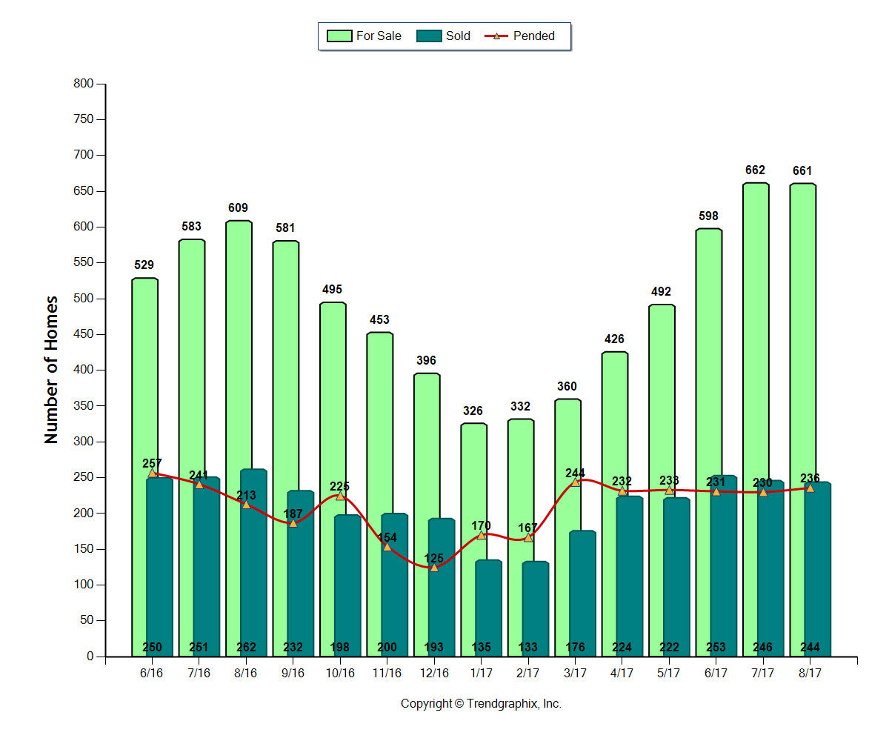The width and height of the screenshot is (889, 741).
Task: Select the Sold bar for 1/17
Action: [488, 600]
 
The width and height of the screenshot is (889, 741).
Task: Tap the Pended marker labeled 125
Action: [434, 567]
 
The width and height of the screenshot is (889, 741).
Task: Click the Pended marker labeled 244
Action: [575, 482]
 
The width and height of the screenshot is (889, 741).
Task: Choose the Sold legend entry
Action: [444, 36]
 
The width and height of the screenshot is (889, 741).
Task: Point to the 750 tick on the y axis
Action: [85, 119]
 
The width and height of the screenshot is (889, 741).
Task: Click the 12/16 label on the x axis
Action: [434, 673]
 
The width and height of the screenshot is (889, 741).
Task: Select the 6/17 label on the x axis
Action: [716, 673]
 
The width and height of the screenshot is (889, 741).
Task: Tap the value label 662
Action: [756, 170]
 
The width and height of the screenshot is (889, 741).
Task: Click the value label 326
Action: [473, 411]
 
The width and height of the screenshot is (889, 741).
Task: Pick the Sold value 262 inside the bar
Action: [247, 648]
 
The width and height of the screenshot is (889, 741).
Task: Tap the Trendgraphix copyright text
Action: [481, 703]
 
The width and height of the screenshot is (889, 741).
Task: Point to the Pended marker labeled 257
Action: [153, 473]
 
